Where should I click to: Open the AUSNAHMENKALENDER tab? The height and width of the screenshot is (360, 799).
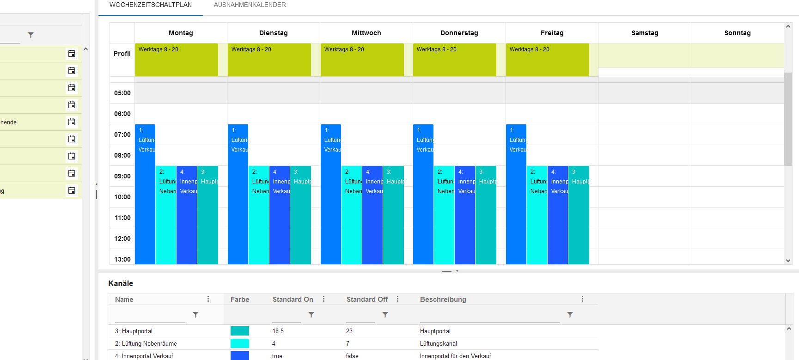point(250,5)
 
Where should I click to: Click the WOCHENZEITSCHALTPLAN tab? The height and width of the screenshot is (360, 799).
point(151,5)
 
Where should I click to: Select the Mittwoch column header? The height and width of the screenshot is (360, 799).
point(366,33)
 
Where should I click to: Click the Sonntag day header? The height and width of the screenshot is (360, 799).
point(737,33)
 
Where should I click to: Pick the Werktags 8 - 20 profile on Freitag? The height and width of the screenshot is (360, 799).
point(547,60)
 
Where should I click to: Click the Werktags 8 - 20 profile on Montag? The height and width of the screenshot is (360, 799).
point(176,60)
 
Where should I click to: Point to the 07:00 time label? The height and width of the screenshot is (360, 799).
point(122,134)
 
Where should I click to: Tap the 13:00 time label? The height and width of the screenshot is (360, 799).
point(122,259)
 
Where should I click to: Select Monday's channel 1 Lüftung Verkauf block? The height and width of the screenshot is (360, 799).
point(145,194)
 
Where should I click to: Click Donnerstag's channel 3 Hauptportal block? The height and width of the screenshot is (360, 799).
point(486,215)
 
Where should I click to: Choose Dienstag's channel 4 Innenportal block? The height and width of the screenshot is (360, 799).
point(279,215)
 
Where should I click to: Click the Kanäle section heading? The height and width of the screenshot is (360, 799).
point(121,283)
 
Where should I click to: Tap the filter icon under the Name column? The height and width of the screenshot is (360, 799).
point(195,315)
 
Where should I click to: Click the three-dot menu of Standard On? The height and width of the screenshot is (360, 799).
point(323,299)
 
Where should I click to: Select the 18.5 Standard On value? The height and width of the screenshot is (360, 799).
point(278,331)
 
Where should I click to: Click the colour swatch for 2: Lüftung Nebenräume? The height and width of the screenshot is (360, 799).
point(239,343)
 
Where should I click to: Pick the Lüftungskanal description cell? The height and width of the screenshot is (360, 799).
point(438,343)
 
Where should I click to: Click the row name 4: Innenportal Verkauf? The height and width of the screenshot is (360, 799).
point(144,356)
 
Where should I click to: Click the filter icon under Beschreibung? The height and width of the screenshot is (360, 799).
point(570,315)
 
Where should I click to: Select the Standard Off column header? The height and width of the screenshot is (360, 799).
point(367,299)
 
